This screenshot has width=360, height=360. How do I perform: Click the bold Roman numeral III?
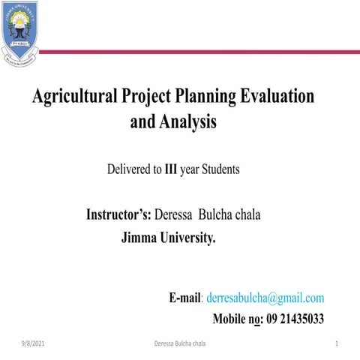[x=171, y=169]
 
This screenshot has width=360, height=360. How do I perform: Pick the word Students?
[x=220, y=169]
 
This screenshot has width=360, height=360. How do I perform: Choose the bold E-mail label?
[x=187, y=298]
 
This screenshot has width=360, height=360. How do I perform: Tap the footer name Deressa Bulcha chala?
[x=180, y=343]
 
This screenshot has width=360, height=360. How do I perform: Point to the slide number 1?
[x=338, y=343]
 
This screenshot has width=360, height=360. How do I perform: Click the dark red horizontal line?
[x=195, y=52]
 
